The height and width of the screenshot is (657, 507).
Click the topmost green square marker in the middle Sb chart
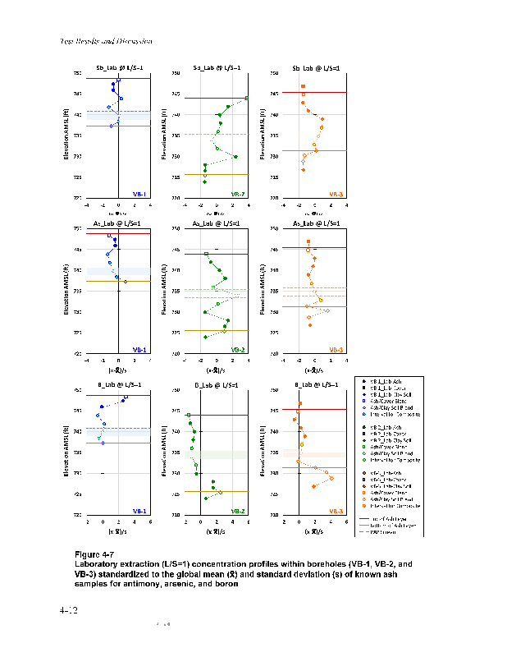point(247,99)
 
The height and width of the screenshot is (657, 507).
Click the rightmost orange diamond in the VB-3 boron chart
point(331,478)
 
